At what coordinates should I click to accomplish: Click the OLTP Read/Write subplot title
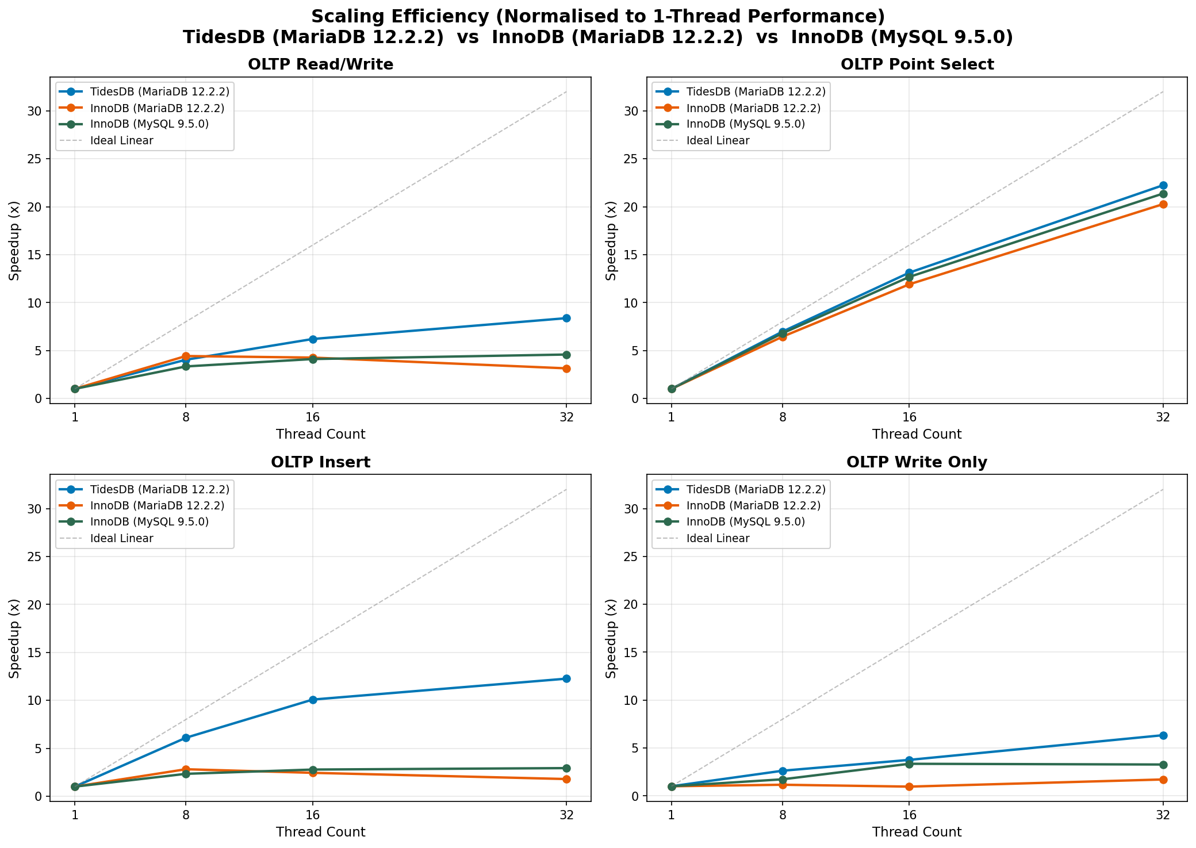tap(320, 64)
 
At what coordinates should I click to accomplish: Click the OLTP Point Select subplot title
tap(917, 64)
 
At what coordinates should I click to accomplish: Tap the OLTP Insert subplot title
tap(320, 462)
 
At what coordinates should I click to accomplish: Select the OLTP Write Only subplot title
tap(917, 462)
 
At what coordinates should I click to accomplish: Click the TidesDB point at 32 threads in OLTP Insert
tap(566, 679)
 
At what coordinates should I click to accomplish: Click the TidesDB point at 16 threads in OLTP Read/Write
tap(313, 339)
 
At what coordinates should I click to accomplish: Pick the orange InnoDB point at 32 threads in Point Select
tap(1163, 204)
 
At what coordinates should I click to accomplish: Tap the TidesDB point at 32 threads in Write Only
tap(1163, 735)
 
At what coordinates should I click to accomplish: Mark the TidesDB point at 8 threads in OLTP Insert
tap(186, 738)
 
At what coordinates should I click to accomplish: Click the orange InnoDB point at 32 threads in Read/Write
tap(566, 369)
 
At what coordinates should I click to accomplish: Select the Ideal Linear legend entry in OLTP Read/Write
tap(121, 141)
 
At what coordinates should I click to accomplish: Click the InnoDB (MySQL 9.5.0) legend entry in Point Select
tap(746, 124)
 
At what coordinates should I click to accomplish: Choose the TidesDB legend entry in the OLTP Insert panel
tap(160, 489)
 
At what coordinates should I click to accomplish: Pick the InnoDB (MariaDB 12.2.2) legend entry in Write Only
tap(753, 506)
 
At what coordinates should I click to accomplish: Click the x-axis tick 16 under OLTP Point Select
tap(909, 417)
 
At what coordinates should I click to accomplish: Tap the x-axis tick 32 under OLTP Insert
tap(566, 815)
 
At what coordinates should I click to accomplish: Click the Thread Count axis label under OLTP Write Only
tap(917, 832)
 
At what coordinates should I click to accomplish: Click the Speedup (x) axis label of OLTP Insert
tap(15, 638)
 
